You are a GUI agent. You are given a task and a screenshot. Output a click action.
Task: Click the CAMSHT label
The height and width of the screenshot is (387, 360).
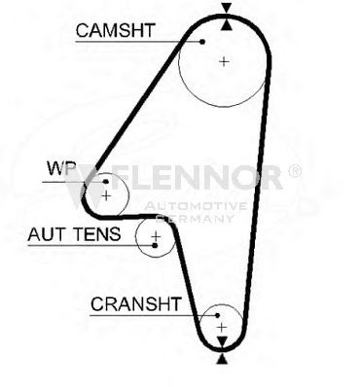coord(116,30)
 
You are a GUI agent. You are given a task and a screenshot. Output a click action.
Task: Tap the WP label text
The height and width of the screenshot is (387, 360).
coord(61,168)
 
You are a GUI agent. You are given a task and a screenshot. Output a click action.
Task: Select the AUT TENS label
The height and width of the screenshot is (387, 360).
coord(74,234)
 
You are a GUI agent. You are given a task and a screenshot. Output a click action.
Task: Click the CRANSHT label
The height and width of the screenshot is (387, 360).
coord(135,304)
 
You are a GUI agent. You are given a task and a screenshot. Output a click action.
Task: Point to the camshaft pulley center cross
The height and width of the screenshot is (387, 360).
coord(224,61)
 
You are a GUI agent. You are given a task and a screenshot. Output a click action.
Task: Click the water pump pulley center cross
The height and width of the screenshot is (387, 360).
coord(106,195)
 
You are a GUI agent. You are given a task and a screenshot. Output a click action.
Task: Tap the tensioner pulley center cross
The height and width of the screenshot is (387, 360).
coord(157,235)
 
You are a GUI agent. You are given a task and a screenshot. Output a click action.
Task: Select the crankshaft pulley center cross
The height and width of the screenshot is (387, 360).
coord(222,328)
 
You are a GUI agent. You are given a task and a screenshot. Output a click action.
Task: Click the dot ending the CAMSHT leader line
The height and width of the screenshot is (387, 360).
coord(202,42)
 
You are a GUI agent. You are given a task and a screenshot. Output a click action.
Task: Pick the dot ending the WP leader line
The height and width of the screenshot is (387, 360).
coord(106,182)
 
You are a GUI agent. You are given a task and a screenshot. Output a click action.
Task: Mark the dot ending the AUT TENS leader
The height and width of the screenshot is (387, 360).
coord(155,245)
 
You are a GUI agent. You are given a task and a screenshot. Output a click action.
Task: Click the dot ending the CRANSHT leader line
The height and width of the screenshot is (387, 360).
coord(218,315)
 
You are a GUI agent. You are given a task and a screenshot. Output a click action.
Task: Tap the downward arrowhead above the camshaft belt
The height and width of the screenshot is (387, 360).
coord(227,8)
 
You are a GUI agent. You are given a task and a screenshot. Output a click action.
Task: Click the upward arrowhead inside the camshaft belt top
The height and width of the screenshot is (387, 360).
coord(227,24)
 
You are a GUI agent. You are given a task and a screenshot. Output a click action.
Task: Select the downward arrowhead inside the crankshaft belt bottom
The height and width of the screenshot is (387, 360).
coord(222,341)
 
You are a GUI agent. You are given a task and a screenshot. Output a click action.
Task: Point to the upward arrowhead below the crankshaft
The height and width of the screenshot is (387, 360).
coord(222,359)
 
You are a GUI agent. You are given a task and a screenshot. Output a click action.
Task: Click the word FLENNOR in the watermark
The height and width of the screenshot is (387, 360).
coord(198,177)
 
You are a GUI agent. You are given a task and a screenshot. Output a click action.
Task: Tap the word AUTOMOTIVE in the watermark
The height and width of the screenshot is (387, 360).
coord(196,206)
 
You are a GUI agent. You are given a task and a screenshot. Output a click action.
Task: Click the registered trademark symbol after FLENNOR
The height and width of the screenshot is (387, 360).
coord(295,171)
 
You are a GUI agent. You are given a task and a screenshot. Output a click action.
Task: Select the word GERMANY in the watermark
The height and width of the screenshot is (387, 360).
coord(196,219)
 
